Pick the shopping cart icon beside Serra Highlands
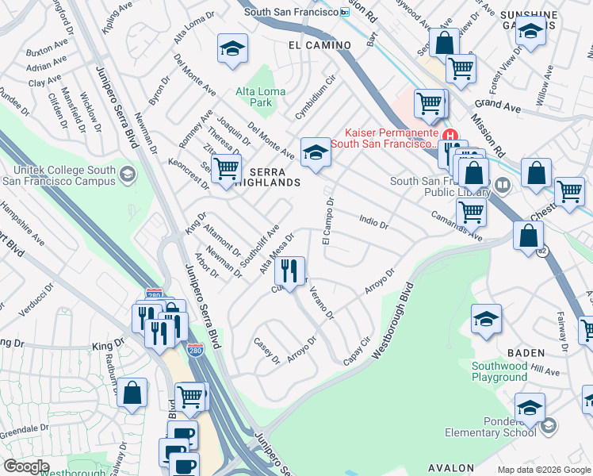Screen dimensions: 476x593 [x=226, y=168]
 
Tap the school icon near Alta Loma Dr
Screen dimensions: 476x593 [x=232, y=50]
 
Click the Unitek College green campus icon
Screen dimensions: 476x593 [x=127, y=173]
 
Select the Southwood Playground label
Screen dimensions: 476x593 [x=511, y=371]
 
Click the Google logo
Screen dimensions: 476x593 [x=26, y=466]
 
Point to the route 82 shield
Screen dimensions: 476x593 [x=542, y=251]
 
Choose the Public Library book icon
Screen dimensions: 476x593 [x=501, y=186]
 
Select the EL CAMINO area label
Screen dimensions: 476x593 [x=319, y=45]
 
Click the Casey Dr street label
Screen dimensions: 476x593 [x=267, y=351]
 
